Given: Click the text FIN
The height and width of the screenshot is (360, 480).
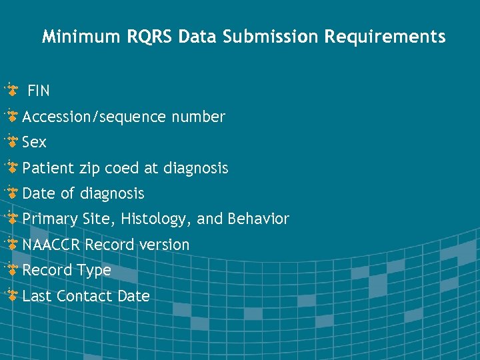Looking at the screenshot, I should (x=39, y=91).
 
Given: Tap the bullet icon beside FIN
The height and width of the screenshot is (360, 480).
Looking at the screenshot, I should (x=12, y=90).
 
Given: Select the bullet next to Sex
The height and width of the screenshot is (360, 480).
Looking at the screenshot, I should (x=12, y=142).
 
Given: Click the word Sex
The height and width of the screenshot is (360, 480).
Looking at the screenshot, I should (x=35, y=143).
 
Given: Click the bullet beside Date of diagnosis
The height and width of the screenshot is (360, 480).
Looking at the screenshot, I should (x=12, y=193).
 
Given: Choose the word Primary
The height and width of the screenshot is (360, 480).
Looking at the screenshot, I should (x=50, y=219).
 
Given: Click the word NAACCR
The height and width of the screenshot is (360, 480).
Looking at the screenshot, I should (x=51, y=245).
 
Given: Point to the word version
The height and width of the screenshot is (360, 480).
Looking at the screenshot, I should (x=164, y=245).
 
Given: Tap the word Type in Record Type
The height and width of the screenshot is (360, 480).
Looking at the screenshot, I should (x=94, y=271).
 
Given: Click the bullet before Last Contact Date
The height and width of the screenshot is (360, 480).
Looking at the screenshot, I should (x=12, y=295).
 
